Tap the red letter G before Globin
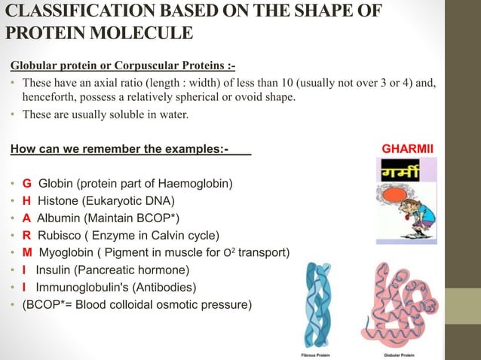27,183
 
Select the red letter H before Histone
27,200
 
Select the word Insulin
54,270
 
